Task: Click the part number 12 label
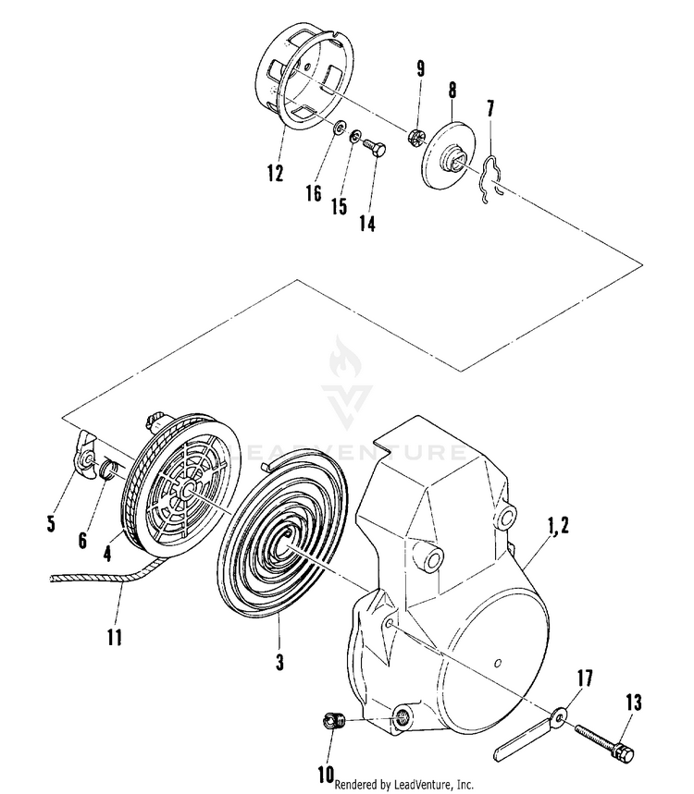point(275,173)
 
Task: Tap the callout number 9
point(421,69)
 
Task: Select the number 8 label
point(452,90)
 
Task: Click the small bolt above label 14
point(373,146)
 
